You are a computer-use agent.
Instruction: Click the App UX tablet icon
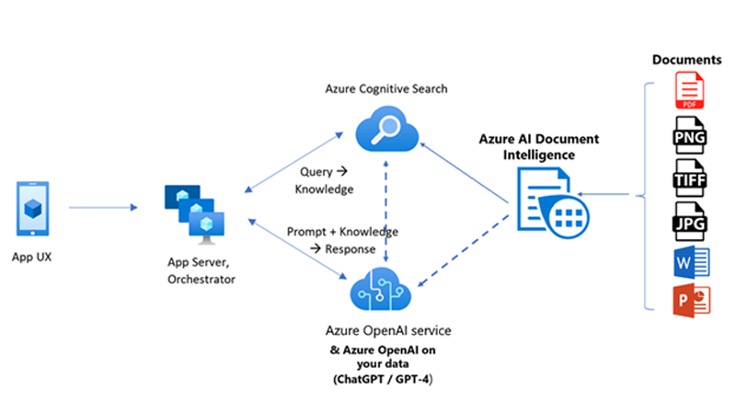34,208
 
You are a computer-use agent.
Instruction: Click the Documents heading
687,60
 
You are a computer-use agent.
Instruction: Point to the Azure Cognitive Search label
386,89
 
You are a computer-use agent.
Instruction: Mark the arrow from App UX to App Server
101,207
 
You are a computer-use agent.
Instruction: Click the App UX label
33,257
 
